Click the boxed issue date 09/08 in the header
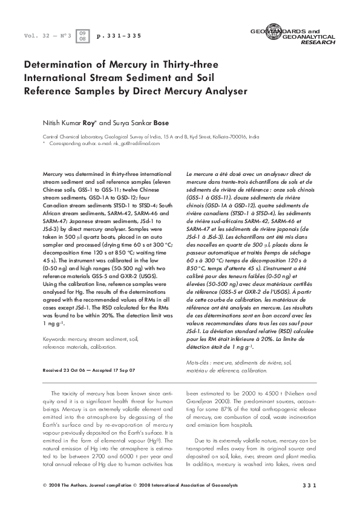click(83, 36)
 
